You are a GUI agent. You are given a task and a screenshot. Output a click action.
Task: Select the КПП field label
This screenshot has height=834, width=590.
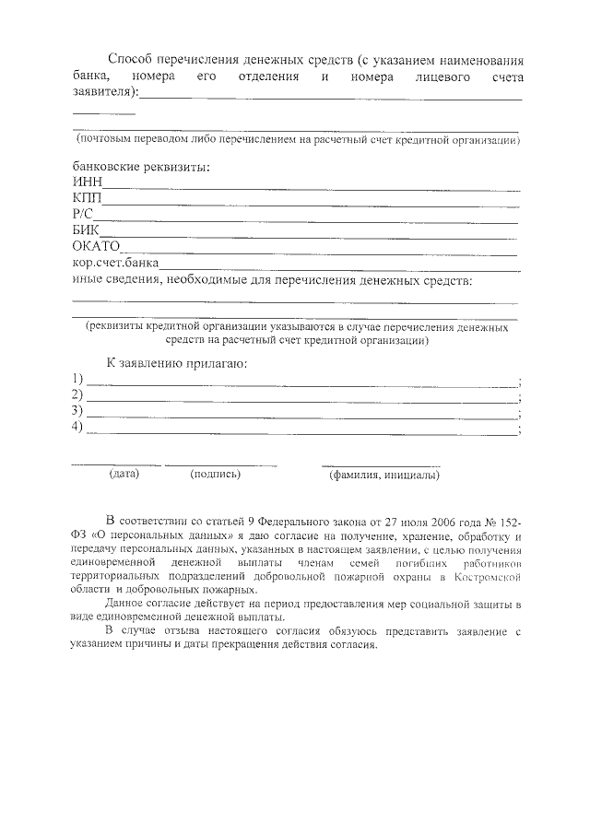pos(87,198)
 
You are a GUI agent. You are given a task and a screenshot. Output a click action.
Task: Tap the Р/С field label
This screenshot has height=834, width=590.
pos(84,214)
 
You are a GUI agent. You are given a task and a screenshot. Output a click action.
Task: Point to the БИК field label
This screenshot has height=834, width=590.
pos(85,229)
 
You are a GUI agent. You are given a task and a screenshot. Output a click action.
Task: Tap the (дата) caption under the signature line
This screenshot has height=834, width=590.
pos(124,475)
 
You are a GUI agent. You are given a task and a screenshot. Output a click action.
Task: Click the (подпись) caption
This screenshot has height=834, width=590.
pos(215,475)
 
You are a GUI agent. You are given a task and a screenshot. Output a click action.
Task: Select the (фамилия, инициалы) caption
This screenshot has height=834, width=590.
pos(384,476)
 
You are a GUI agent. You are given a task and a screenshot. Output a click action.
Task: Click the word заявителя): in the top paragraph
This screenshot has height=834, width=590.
pos(106,92)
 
